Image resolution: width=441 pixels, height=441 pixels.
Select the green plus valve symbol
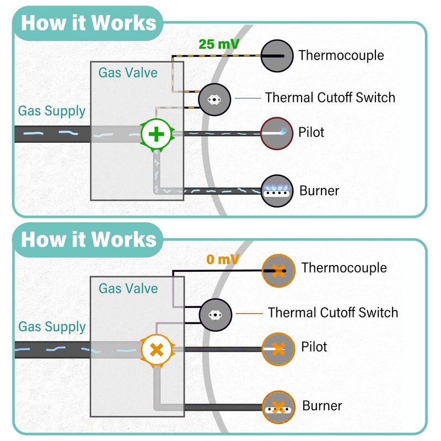(157, 134)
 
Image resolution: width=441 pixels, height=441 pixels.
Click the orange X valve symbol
(157, 349)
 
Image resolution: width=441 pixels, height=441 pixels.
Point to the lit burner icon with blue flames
(277, 191)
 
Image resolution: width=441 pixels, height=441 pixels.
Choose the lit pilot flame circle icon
(277, 133)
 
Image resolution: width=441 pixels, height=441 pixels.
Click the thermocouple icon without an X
(277, 56)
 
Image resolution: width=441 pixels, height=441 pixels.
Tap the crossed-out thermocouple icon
(278, 271)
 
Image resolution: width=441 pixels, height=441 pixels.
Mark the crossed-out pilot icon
(278, 349)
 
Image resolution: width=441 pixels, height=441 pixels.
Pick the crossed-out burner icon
(278, 407)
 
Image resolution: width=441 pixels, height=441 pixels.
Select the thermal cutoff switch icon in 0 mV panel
(214, 315)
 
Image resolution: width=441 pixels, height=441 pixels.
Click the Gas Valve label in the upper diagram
(128, 73)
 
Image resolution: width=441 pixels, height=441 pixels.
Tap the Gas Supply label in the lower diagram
(52, 326)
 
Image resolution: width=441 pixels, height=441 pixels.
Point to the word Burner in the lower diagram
(322, 406)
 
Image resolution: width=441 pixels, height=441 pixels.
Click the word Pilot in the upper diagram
(311, 132)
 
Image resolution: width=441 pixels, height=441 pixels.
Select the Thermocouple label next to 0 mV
(344, 268)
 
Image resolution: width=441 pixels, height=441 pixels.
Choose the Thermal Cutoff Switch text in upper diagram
(330, 98)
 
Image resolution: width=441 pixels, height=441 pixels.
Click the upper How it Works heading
(89, 23)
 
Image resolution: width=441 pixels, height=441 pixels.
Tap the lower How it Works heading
(89, 240)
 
